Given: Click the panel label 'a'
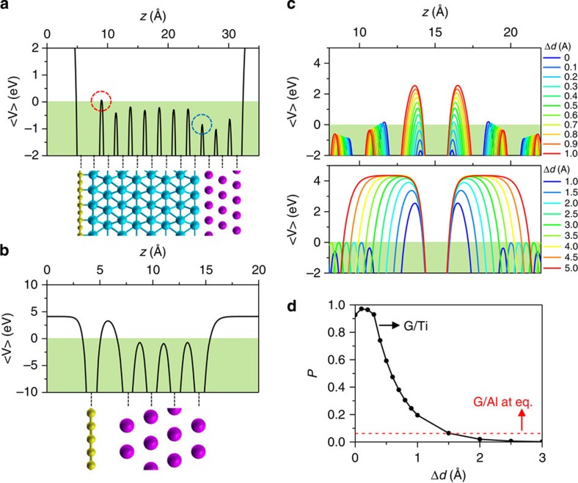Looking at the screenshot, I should coord(6,7).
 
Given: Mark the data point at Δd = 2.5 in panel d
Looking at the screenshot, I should coord(511,440).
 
